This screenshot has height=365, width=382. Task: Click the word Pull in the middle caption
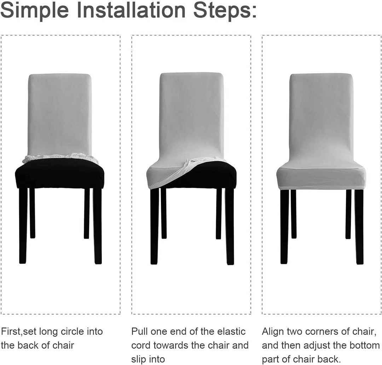(x=140, y=332)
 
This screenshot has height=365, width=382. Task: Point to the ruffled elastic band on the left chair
(x=60, y=158)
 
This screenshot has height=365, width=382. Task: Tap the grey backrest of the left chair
(x=59, y=113)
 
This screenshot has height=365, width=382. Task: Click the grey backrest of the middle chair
(x=191, y=113)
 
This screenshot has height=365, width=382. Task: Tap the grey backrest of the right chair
(x=321, y=113)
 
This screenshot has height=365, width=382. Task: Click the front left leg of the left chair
(x=23, y=227)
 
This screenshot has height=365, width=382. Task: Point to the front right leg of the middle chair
(x=230, y=227)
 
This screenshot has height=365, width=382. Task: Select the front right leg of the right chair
(x=359, y=227)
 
